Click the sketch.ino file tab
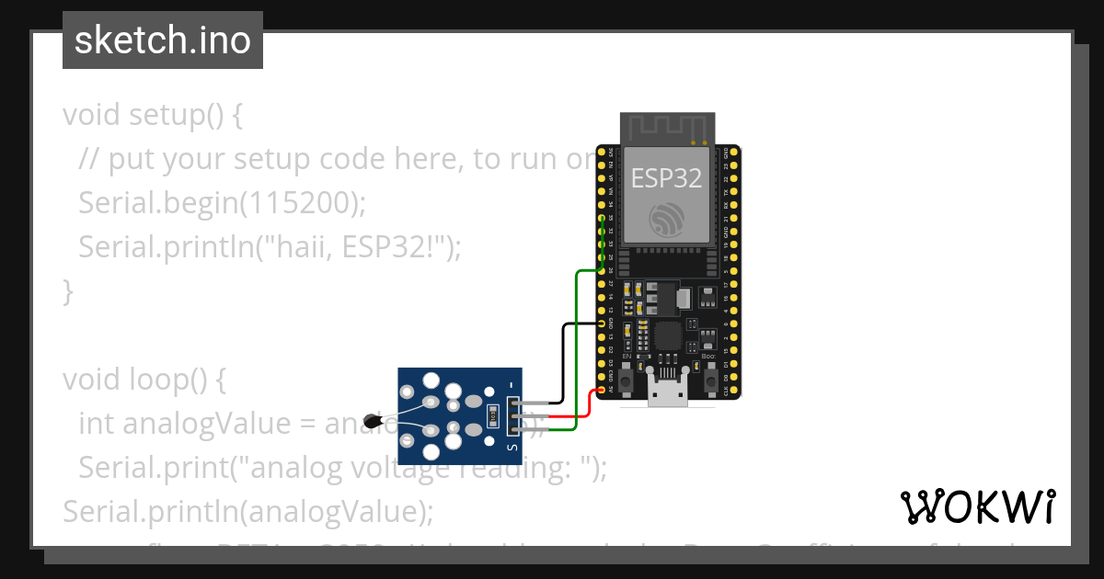pos(162,40)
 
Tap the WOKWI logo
pos(977,506)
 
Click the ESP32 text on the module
pos(666,177)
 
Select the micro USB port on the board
pos(668,392)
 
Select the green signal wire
pos(576,349)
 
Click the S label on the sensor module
pos(512,447)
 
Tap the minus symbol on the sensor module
pos(512,385)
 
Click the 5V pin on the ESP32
pos(611,390)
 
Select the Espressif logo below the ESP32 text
pos(666,220)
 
